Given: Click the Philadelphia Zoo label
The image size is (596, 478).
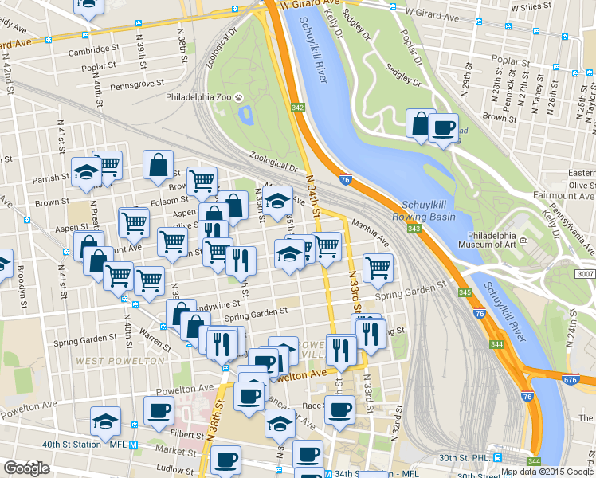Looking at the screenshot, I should tap(198, 97).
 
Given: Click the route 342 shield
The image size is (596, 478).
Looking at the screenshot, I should tap(298, 107).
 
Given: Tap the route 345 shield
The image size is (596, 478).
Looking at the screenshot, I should tap(465, 293).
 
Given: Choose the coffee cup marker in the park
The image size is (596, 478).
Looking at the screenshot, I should tap(443, 127).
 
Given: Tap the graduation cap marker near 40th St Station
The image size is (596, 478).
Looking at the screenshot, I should tap(104, 421).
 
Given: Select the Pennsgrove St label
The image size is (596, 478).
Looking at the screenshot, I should tap(137, 83).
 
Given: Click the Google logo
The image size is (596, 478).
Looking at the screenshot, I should tap(26, 468).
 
